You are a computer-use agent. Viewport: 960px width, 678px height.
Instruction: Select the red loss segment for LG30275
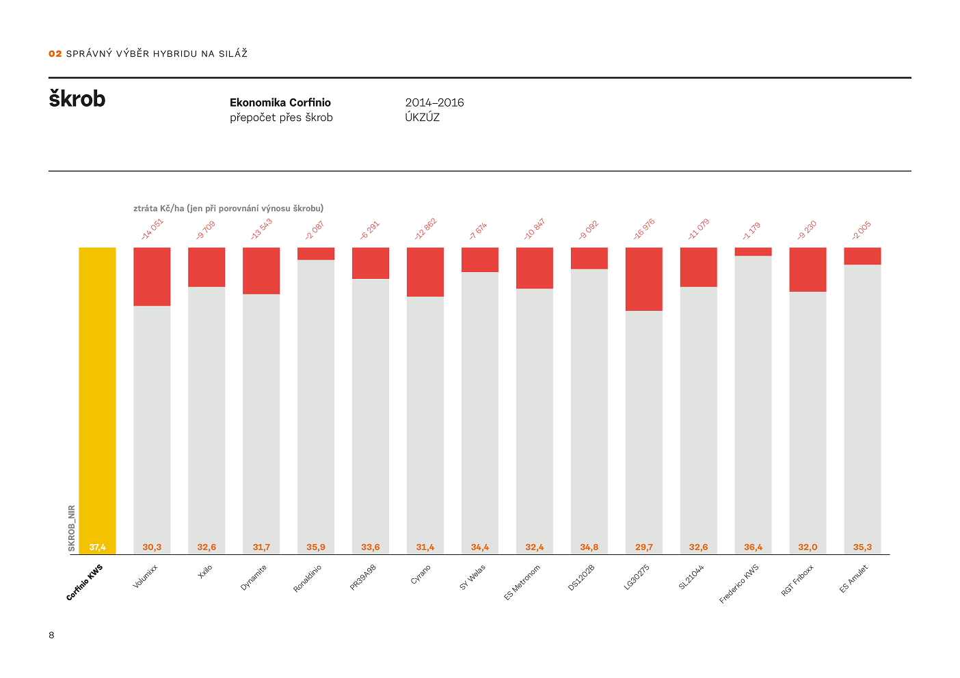click(643, 279)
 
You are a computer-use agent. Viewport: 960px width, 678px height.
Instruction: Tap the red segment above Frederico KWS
click(753, 252)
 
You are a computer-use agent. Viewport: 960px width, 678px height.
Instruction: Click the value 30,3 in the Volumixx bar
click(152, 547)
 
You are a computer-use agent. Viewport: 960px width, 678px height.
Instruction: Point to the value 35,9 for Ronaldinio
click(316, 547)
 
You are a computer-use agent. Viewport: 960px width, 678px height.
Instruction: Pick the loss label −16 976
click(643, 229)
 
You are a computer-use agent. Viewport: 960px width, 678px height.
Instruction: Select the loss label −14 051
click(152, 229)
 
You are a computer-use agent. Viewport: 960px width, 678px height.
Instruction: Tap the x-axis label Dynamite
click(254, 578)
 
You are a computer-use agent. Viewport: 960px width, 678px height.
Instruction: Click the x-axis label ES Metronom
click(522, 582)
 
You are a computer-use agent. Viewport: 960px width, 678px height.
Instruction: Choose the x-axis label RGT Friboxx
click(797, 580)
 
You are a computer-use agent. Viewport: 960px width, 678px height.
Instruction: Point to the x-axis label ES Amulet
click(854, 579)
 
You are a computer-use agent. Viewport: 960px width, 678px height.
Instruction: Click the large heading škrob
click(77, 99)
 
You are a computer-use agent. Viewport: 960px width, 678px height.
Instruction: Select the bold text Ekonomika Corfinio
click(280, 103)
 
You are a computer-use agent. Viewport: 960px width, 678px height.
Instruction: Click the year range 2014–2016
click(434, 103)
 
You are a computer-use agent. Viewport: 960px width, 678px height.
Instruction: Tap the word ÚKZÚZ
click(422, 118)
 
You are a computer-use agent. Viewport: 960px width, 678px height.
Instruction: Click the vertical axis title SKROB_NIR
click(72, 528)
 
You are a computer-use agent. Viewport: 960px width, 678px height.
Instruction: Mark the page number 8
click(51, 635)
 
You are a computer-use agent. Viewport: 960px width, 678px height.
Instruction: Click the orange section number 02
click(55, 53)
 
